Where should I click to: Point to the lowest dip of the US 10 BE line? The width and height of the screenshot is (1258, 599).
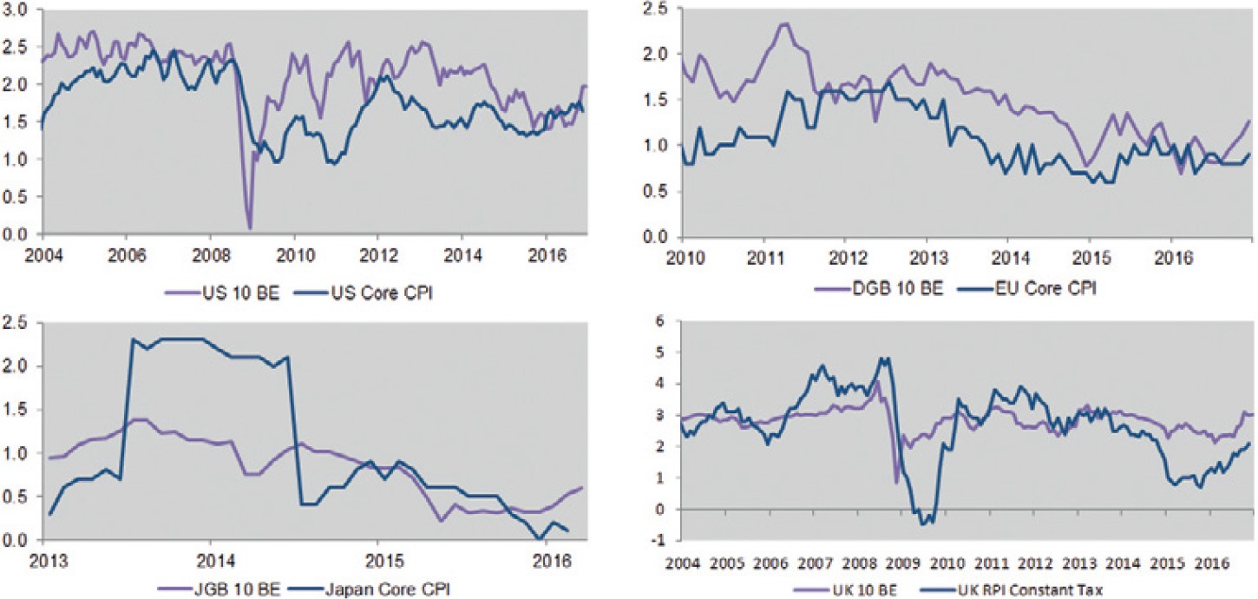tap(249, 227)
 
